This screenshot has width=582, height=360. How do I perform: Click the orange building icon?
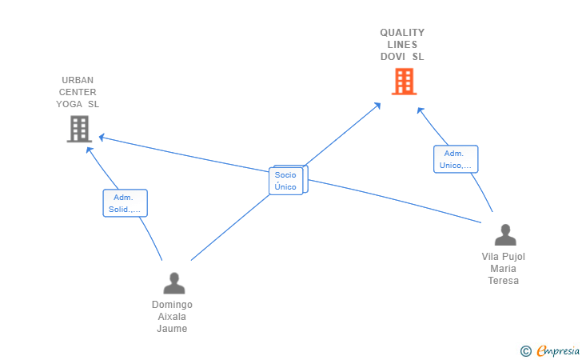click(405, 82)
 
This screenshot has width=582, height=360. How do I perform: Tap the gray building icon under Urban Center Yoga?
click(79, 129)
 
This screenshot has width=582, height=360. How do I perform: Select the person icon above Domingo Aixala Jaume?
click(174, 283)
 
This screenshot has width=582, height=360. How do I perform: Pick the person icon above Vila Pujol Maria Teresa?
click(505, 234)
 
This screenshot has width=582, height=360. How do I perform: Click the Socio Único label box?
click(286, 181)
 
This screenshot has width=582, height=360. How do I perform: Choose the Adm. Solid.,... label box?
click(125, 203)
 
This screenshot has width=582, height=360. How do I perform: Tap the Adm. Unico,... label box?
click(456, 159)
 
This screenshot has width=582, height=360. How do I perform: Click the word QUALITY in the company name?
click(402, 33)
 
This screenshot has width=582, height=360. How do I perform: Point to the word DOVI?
click(393, 57)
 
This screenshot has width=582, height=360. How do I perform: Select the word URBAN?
click(78, 80)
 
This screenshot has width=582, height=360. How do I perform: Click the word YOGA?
click(69, 104)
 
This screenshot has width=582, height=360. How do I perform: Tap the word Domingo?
click(172, 305)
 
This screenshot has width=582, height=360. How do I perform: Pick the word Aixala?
click(172, 317)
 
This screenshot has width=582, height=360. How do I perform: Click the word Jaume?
click(172, 329)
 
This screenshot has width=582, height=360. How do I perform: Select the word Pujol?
click(514, 257)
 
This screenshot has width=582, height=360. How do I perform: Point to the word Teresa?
click(504, 281)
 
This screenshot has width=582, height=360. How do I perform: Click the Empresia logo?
click(558, 350)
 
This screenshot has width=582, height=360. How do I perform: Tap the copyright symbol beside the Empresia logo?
click(526, 351)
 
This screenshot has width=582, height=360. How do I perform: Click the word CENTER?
click(78, 92)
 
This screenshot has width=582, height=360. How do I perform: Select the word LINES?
click(402, 45)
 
